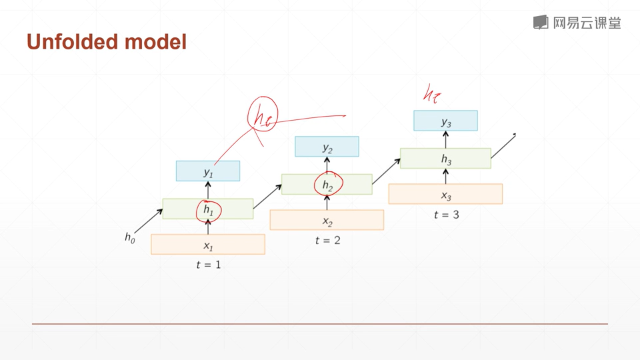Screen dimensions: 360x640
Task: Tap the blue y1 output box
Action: tap(207, 171)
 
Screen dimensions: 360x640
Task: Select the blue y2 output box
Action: tap(327, 147)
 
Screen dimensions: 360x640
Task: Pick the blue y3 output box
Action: tap(445, 121)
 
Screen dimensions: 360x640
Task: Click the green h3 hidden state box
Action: tap(445, 159)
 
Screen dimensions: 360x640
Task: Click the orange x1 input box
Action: tap(208, 245)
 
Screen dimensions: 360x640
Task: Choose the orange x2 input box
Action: tap(327, 220)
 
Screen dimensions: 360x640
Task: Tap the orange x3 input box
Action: tap(445, 194)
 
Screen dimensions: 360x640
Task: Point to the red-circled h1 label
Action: tap(209, 210)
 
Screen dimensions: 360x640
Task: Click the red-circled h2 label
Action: tap(327, 185)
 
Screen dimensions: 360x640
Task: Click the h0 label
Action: tap(129, 237)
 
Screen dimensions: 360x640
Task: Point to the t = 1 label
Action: tap(208, 265)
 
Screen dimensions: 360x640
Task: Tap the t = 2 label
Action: tap(327, 240)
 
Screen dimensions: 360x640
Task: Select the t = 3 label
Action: tap(446, 215)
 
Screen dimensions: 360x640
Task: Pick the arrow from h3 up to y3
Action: tap(445, 139)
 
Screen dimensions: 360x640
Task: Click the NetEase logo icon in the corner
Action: tap(540, 22)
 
